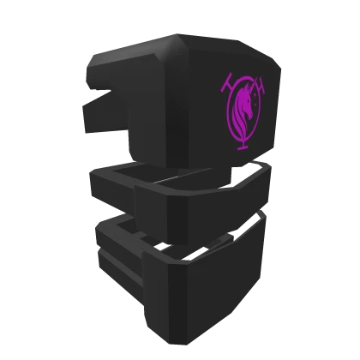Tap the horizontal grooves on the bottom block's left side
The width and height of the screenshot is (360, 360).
coord(116,257)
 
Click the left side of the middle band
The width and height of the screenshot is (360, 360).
coord(111,193)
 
